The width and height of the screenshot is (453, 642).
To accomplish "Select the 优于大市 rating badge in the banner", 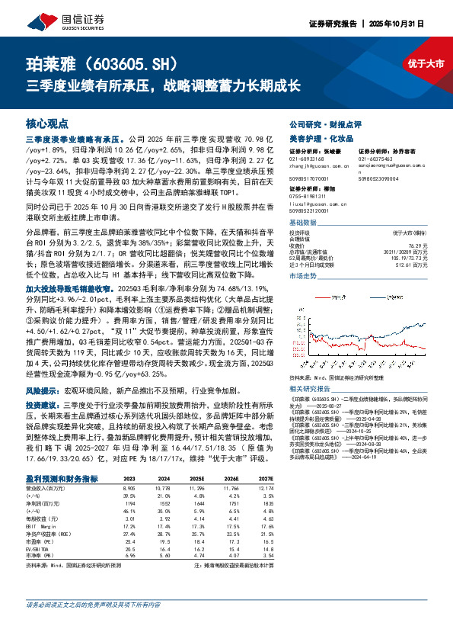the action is pos(426,63).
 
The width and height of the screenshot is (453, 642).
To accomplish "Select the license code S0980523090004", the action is pos(381,178).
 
